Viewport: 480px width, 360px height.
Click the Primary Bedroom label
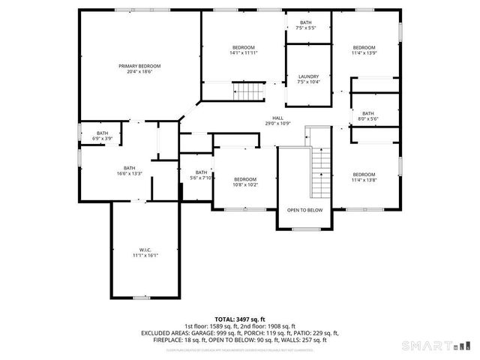pyautogui.click(x=139, y=66)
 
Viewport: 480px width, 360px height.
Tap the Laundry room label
pyautogui.click(x=308, y=76)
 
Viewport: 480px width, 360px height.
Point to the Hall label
pyautogui.click(x=277, y=118)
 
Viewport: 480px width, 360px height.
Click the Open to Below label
pyautogui.click(x=304, y=210)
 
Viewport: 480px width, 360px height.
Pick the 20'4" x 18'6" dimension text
pyautogui.click(x=139, y=71)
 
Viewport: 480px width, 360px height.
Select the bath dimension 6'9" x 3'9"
pyautogui.click(x=102, y=139)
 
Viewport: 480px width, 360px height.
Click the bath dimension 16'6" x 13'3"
pyautogui.click(x=130, y=173)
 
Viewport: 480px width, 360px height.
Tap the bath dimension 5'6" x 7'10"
pyautogui.click(x=201, y=178)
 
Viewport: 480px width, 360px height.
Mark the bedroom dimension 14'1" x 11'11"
pyautogui.click(x=244, y=52)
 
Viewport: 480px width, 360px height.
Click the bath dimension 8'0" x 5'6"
pyautogui.click(x=367, y=118)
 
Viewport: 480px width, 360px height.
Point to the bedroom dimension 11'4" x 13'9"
pyautogui.click(x=364, y=52)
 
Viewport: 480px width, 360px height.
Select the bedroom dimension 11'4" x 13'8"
pyautogui.click(x=364, y=180)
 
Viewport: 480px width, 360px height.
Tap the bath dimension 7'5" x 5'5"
pyautogui.click(x=306, y=28)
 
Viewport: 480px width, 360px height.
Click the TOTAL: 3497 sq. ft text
pyautogui.click(x=240, y=319)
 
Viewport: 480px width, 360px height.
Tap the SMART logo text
pyautogui.click(x=427, y=346)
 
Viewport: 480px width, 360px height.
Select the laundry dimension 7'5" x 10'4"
pyautogui.click(x=308, y=82)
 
